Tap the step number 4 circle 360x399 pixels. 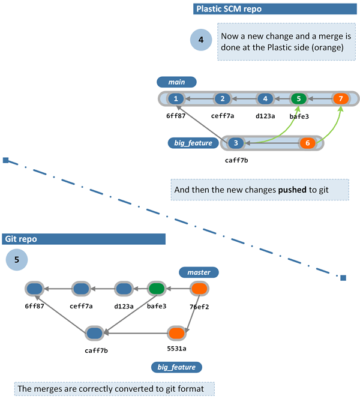201,41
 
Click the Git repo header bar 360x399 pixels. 83,239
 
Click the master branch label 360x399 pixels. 199,272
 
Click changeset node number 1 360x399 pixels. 175,98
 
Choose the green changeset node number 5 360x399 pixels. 298,98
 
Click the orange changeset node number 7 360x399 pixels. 340,98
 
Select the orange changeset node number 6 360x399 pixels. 307,143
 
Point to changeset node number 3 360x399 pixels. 236,143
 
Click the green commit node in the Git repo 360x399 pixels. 157,289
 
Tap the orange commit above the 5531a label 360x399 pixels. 176,333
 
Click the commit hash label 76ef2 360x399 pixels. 199,306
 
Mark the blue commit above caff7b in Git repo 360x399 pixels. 94,333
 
